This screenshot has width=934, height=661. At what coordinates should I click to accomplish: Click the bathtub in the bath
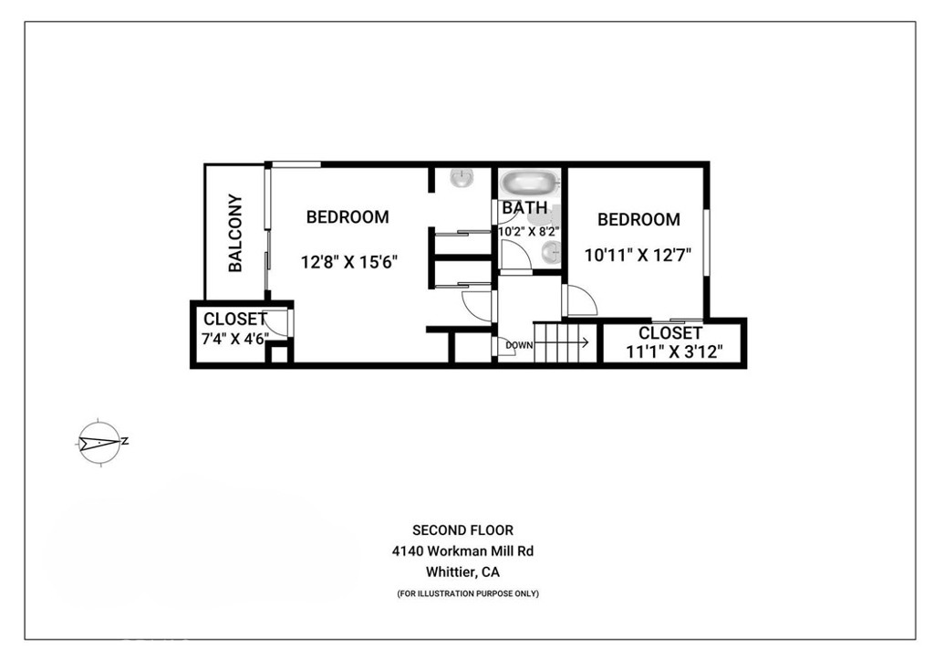tap(528, 182)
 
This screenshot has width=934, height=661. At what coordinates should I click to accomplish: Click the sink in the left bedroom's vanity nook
tap(462, 178)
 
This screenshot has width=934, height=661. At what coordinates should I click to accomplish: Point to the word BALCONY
tap(235, 233)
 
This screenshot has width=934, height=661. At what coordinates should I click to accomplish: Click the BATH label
tap(524, 208)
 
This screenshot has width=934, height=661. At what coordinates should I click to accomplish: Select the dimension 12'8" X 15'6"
tap(349, 262)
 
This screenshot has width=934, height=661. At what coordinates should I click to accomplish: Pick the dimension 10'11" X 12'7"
tap(638, 256)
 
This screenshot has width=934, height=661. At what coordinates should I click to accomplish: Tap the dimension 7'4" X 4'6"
tap(235, 338)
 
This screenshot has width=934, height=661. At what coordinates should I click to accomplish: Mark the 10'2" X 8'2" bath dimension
tap(528, 232)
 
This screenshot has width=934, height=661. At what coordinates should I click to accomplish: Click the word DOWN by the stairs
tap(518, 345)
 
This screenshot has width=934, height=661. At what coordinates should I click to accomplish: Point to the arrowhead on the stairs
tap(585, 344)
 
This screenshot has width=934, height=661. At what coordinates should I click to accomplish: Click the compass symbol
tap(99, 443)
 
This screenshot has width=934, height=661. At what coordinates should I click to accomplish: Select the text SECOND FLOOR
tap(462, 530)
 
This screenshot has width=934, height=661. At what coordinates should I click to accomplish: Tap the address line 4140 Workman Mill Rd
tap(462, 551)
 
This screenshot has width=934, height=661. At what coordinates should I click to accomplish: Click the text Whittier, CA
tap(462, 572)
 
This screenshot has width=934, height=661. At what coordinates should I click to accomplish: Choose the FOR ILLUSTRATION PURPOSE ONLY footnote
tap(468, 594)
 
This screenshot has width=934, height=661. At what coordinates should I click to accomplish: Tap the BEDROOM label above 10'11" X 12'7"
tap(638, 220)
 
